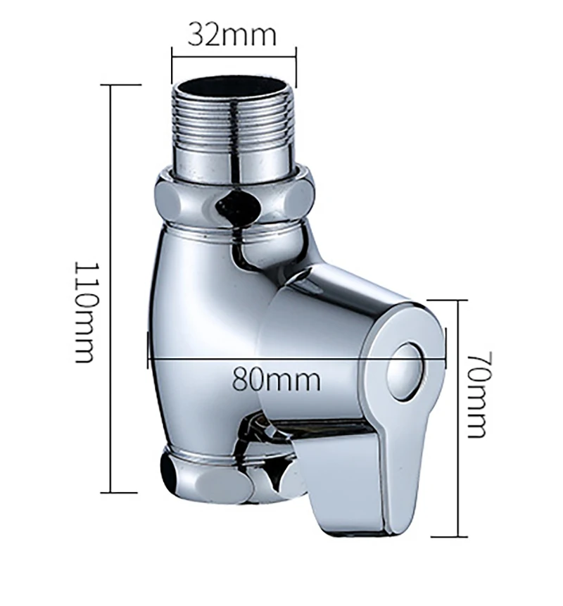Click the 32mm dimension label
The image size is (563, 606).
(x=232, y=33)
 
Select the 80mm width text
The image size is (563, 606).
(x=276, y=380)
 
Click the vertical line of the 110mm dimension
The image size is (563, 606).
(x=111, y=211)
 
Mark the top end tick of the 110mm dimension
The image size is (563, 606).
(x=116, y=84)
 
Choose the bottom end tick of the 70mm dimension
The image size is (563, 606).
(x=450, y=536)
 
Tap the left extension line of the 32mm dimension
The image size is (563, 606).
(x=172, y=63)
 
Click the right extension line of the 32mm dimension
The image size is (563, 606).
(x=296, y=63)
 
